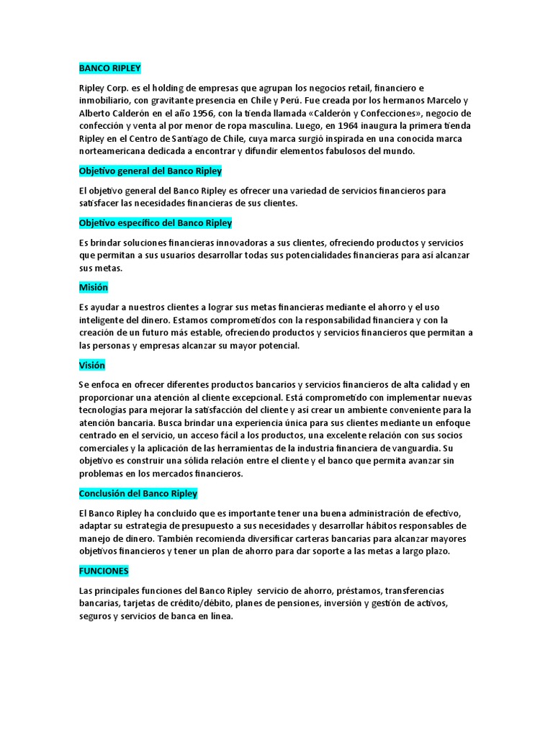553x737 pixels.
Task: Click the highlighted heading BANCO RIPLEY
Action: (x=110, y=68)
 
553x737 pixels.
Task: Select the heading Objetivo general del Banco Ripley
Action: (x=150, y=171)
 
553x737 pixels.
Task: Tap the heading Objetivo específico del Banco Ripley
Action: (x=156, y=223)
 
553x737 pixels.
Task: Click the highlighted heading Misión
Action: (x=93, y=287)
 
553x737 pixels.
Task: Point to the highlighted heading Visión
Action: (x=91, y=366)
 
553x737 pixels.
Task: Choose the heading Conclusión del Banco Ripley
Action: (x=138, y=494)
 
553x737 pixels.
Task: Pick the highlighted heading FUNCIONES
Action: (x=104, y=571)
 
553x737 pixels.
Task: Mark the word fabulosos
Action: (x=346, y=151)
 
